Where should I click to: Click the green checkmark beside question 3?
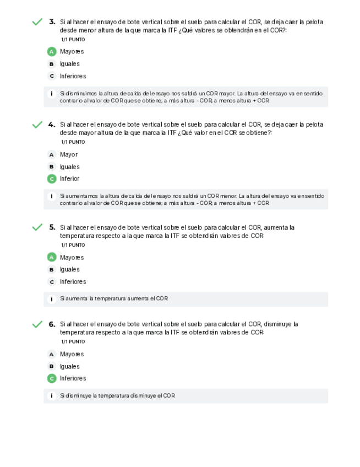(37, 22)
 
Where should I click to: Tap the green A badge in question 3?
(52, 52)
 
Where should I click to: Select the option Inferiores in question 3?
(73, 76)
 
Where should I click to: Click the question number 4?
(52, 124)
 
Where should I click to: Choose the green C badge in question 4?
(52, 178)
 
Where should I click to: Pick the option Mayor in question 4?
(69, 155)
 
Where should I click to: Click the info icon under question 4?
(52, 196)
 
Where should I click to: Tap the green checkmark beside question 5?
(37, 227)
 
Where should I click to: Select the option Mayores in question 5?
(72, 257)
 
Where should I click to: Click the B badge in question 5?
(52, 270)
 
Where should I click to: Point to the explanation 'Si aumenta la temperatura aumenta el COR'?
(114, 298)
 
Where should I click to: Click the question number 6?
(52, 324)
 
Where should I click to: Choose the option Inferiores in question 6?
(73, 378)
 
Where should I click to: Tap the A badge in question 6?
(52, 354)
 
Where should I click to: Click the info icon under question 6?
(52, 395)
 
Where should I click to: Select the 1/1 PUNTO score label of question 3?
(73, 40)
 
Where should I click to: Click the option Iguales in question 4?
(70, 167)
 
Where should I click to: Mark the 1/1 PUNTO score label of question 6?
(73, 341)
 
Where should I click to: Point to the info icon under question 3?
(52, 94)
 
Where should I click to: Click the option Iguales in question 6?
(70, 366)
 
